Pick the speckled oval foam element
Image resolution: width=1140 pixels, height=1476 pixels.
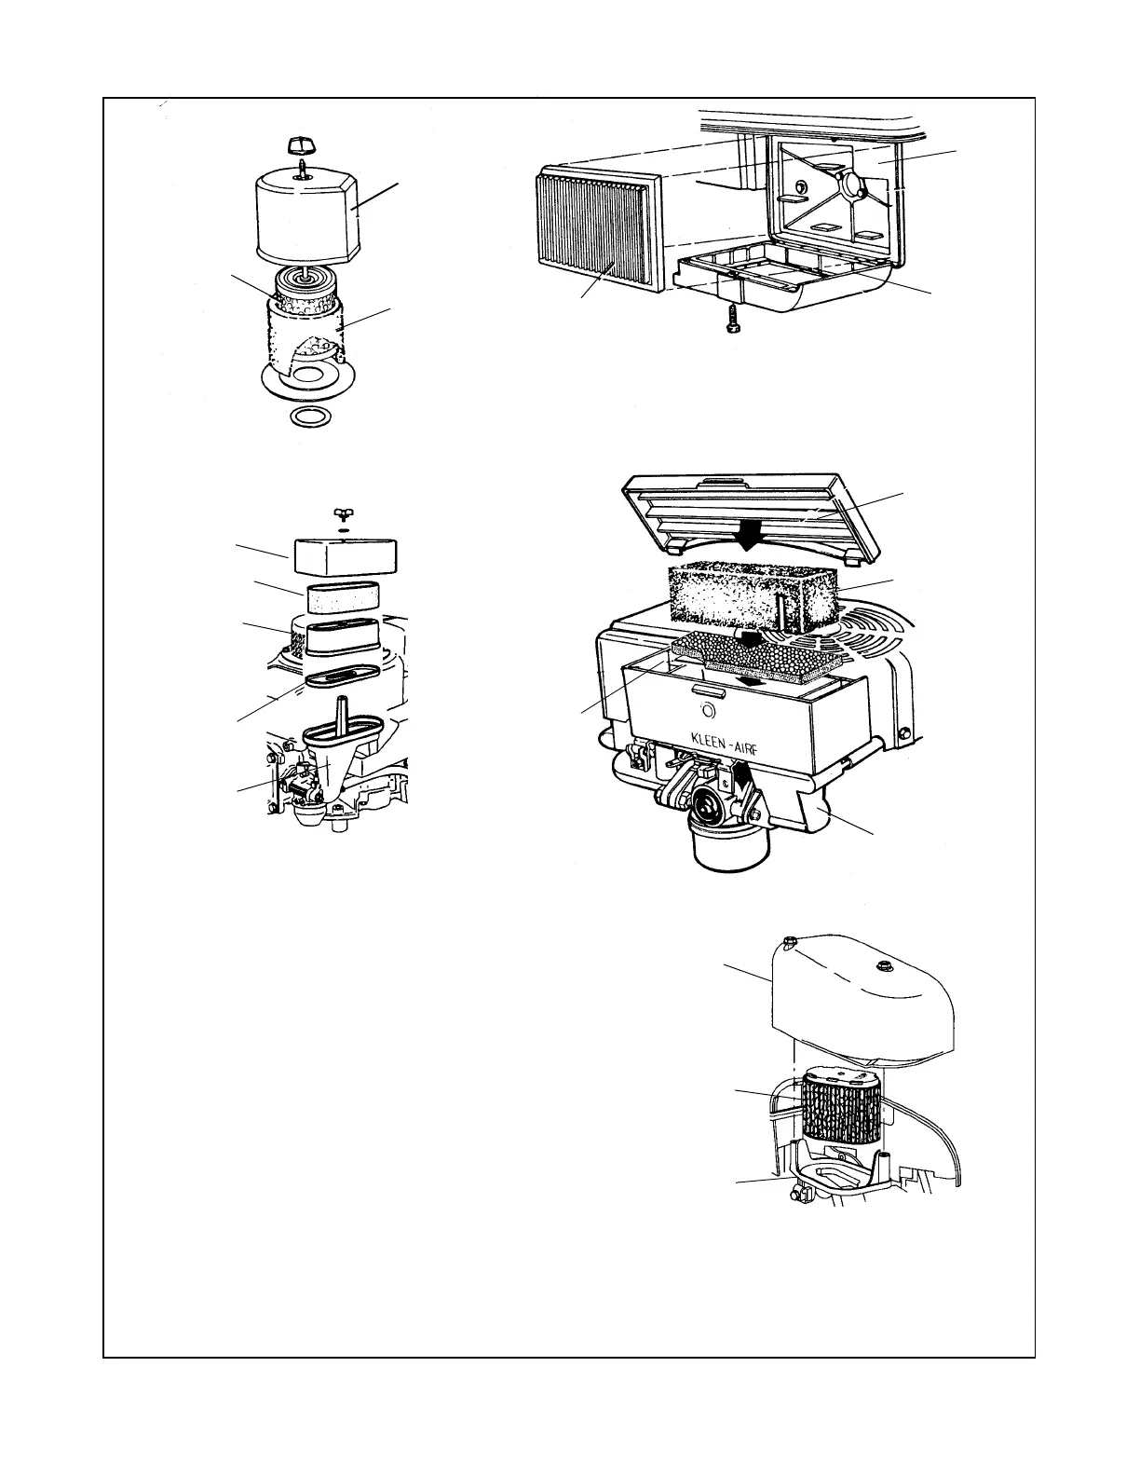coord(341,592)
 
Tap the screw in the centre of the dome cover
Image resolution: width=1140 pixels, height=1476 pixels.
coord(880,988)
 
